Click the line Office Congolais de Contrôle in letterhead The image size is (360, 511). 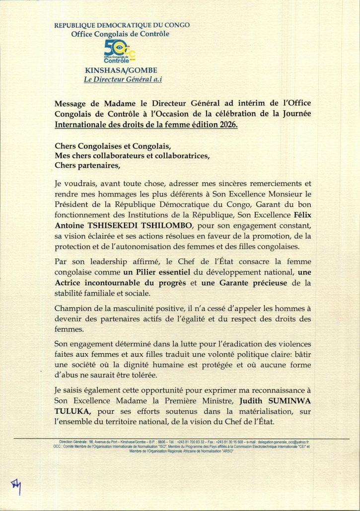[120, 34]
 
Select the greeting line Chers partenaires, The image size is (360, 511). [87, 165]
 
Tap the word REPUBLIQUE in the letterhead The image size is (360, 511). [78, 25]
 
